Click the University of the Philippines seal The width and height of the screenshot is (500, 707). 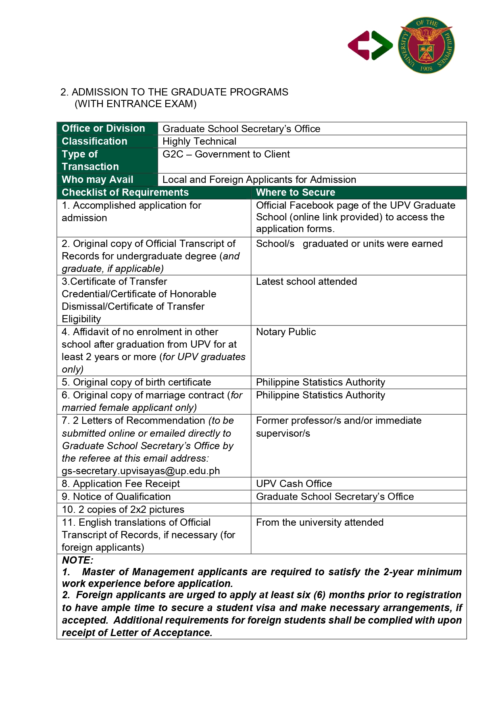[426, 46]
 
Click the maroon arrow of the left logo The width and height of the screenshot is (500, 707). [359, 46]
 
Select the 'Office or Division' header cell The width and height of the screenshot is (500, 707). [103, 129]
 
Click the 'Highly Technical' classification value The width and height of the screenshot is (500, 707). [199, 141]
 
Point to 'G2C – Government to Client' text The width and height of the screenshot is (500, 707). [226, 154]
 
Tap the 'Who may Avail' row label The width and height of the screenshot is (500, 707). [97, 180]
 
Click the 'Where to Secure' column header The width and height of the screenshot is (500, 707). [296, 193]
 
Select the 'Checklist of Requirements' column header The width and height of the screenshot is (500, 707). [125, 193]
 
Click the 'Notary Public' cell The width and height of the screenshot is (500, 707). [286, 332]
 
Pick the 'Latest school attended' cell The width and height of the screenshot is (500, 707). [306, 282]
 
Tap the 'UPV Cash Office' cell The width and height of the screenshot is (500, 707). [294, 484]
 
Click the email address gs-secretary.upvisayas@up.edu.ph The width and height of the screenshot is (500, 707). [141, 471]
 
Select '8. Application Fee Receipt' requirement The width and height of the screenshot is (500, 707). [121, 484]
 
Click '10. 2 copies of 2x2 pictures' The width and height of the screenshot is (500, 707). [123, 510]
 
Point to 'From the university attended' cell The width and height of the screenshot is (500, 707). [319, 522]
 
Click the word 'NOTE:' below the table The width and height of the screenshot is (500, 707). [77, 560]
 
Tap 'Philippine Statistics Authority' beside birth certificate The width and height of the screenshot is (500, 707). [320, 382]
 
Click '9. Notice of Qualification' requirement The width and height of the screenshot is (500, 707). [116, 497]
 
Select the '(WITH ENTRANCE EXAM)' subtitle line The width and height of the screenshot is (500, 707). [135, 104]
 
